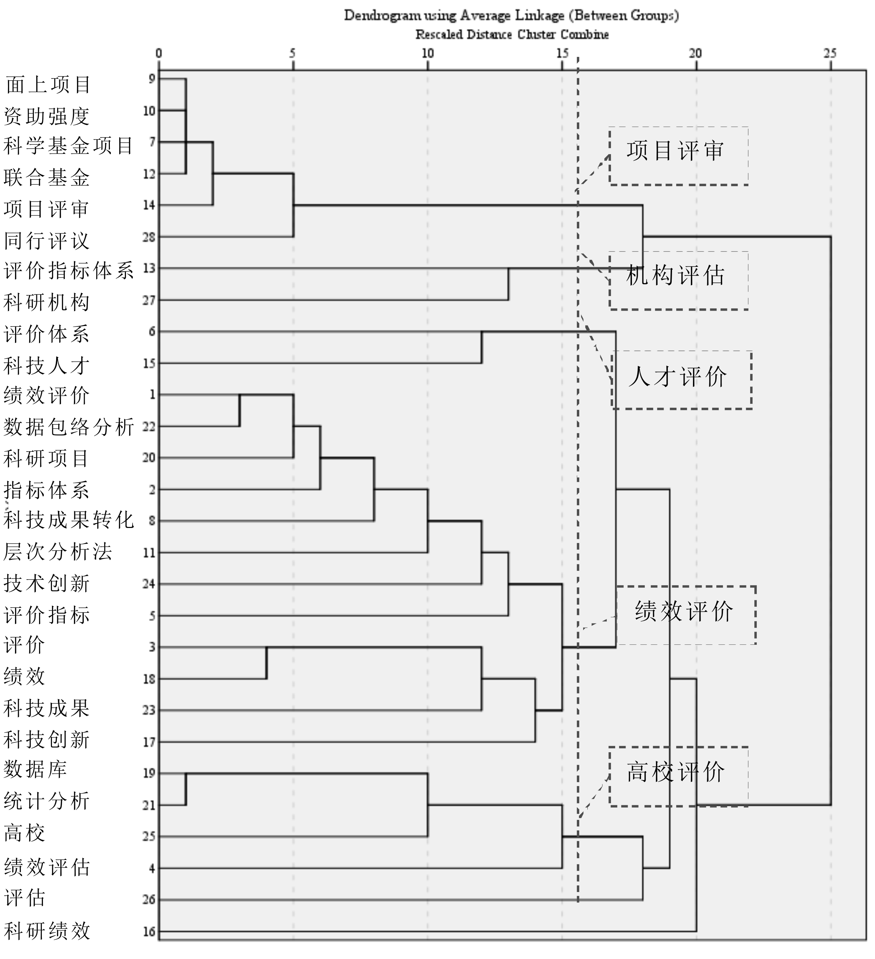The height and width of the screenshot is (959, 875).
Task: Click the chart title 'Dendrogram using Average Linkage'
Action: click(512, 16)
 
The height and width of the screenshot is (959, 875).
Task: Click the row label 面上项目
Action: click(48, 85)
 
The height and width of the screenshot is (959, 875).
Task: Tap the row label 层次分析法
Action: click(58, 552)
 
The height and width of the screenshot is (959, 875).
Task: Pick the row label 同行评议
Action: click(47, 241)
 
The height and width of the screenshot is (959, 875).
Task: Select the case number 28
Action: click(149, 237)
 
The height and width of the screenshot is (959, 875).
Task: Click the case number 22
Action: click(149, 427)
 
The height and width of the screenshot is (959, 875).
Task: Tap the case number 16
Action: click(149, 931)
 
